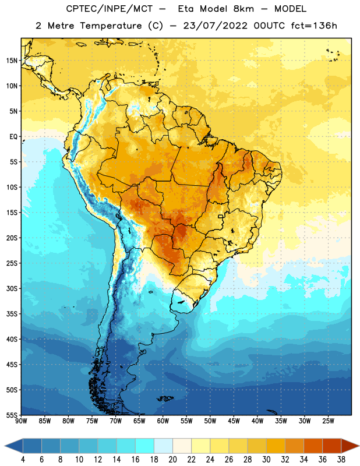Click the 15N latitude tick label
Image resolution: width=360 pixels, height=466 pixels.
(x=12, y=61)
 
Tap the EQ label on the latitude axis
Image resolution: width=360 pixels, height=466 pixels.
(x=13, y=137)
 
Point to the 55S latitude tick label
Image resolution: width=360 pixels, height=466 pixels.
(x=12, y=415)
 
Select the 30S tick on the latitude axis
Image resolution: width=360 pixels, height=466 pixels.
(x=12, y=288)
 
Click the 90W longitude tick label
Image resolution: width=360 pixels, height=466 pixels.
(x=21, y=421)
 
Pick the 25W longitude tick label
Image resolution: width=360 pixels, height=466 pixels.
(x=328, y=421)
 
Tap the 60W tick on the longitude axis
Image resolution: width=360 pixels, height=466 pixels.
(x=163, y=421)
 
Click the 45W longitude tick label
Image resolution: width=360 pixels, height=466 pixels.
(x=234, y=421)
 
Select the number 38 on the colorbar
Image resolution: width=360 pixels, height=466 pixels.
(x=341, y=460)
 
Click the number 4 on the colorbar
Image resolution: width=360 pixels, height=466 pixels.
(x=23, y=460)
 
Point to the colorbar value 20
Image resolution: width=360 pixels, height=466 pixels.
(x=172, y=460)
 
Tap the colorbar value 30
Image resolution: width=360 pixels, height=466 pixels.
(x=266, y=460)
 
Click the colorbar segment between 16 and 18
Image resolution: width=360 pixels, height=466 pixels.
(x=145, y=446)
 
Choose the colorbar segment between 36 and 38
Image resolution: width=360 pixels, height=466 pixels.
(x=332, y=446)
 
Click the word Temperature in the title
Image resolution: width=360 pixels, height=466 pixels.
(x=111, y=26)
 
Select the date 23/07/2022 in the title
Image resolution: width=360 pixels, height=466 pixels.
(x=215, y=26)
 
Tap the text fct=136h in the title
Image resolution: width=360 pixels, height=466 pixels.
(x=314, y=26)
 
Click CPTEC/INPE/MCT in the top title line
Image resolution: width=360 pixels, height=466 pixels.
(x=110, y=9)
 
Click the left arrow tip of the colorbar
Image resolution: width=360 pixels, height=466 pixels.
(x=5, y=446)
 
